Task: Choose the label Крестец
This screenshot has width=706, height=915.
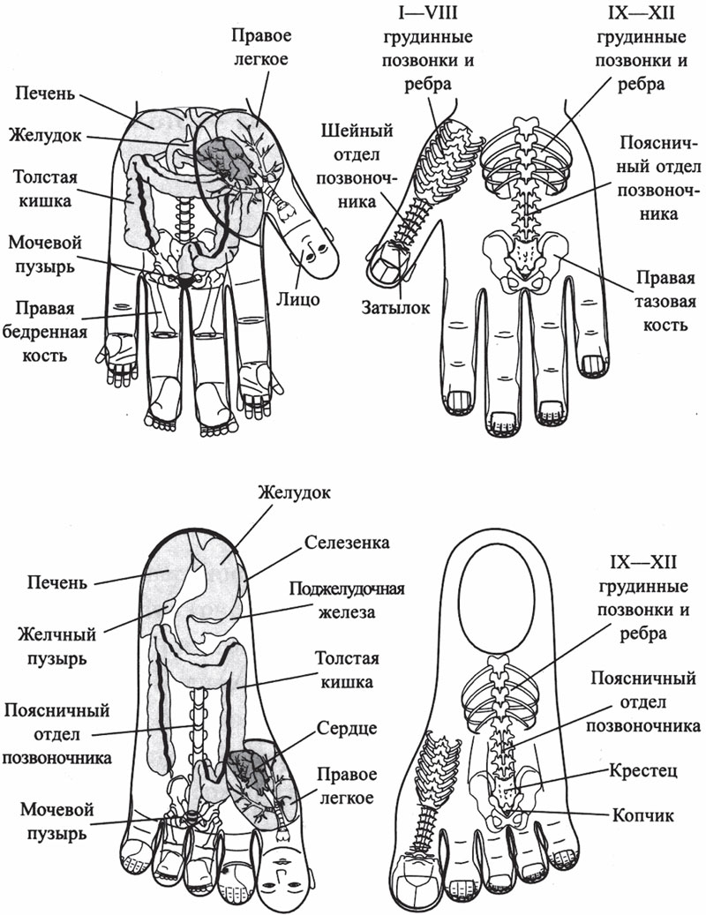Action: click(x=644, y=770)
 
